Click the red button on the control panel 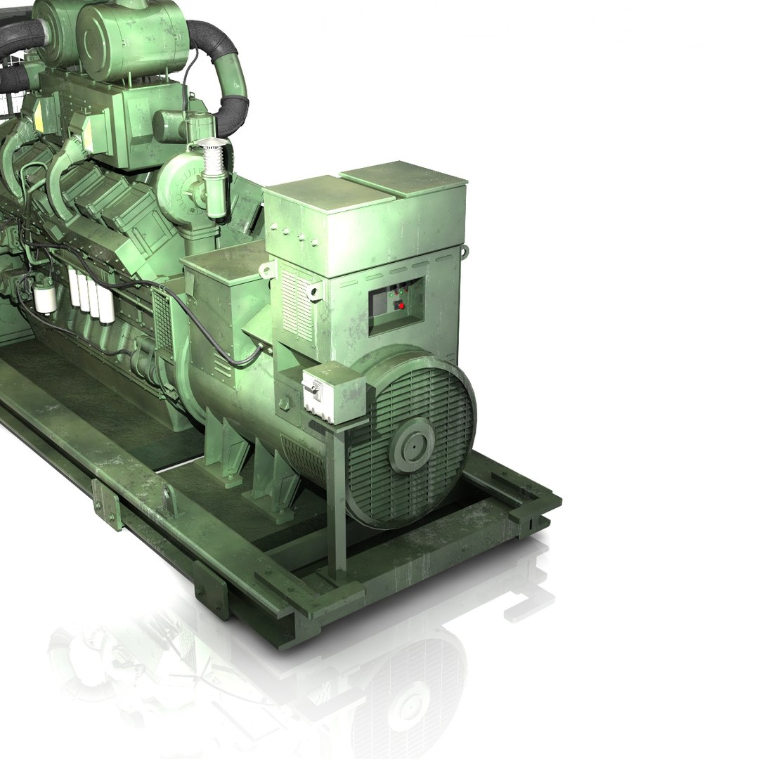(x=401, y=305)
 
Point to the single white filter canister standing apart (x=46, y=298)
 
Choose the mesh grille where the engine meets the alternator (x=162, y=323)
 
